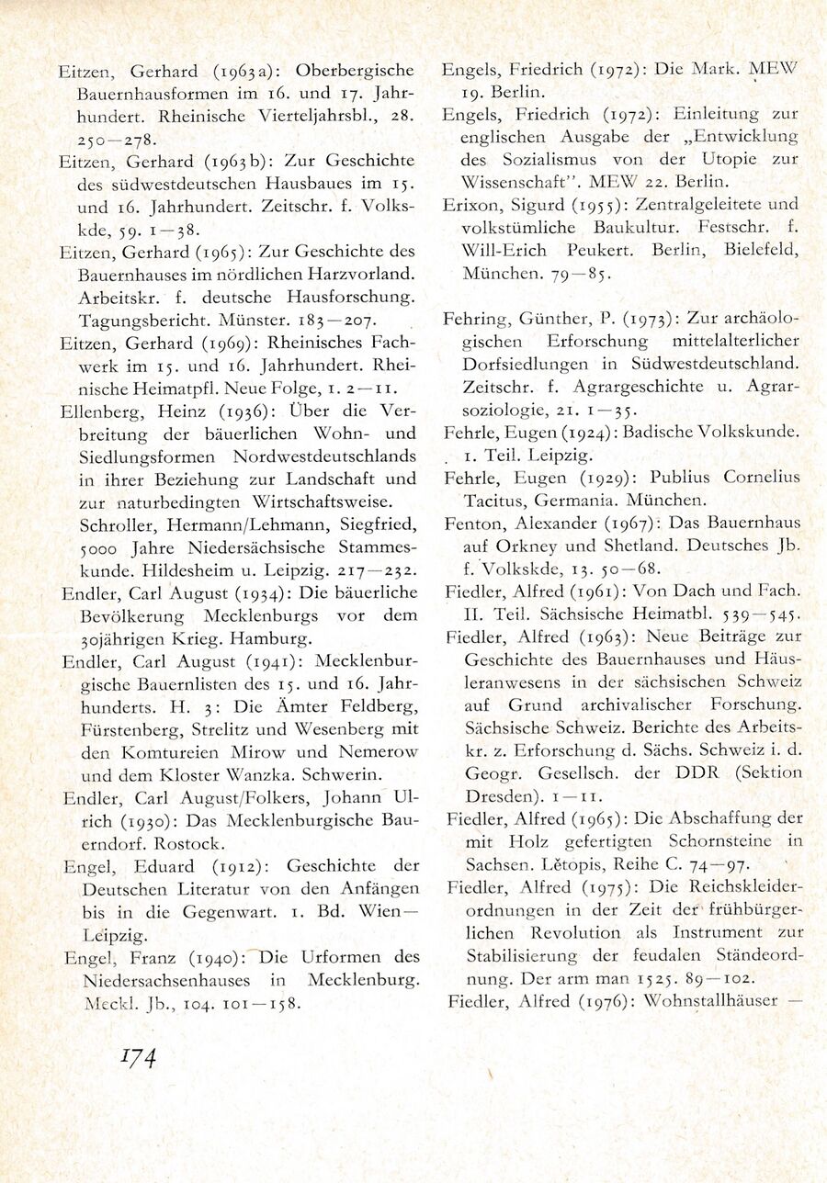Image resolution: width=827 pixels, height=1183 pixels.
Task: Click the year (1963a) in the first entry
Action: coord(241,71)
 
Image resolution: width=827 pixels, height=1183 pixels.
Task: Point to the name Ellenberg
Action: coord(95,411)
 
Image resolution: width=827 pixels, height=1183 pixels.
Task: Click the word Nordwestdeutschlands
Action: coord(312,456)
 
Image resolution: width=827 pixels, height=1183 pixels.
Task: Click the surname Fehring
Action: coord(477,319)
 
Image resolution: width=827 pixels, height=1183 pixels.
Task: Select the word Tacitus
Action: coord(496,501)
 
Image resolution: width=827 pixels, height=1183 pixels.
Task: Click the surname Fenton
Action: coord(474,524)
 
